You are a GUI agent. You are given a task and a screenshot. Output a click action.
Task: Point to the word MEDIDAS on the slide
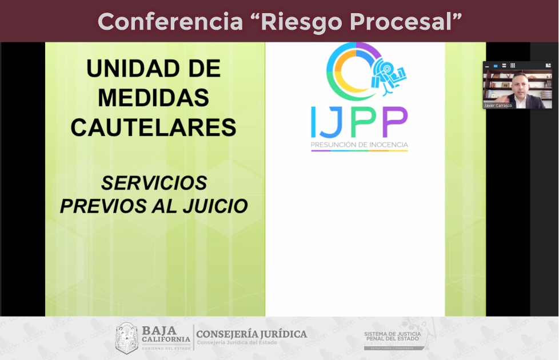[x=153, y=98]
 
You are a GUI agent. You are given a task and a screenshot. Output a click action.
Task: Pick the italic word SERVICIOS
[x=154, y=183]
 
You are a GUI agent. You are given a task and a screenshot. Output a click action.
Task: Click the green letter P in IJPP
[x=367, y=122]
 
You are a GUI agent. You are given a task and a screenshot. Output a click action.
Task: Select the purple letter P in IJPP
[x=395, y=122]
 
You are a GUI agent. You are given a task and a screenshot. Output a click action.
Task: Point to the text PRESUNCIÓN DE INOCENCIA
[x=359, y=145]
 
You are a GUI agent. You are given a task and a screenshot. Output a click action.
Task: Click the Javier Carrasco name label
[x=498, y=106]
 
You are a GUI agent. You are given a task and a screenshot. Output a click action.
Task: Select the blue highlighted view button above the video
[x=495, y=66]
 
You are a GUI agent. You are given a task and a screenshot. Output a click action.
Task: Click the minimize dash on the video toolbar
[x=487, y=66]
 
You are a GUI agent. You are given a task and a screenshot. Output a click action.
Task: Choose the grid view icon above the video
[x=513, y=66]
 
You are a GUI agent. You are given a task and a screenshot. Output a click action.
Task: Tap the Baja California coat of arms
[x=126, y=338]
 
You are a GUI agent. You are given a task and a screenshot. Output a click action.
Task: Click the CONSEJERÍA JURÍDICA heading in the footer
[x=251, y=334]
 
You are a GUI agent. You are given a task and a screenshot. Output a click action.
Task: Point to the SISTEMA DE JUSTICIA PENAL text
[x=392, y=336]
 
